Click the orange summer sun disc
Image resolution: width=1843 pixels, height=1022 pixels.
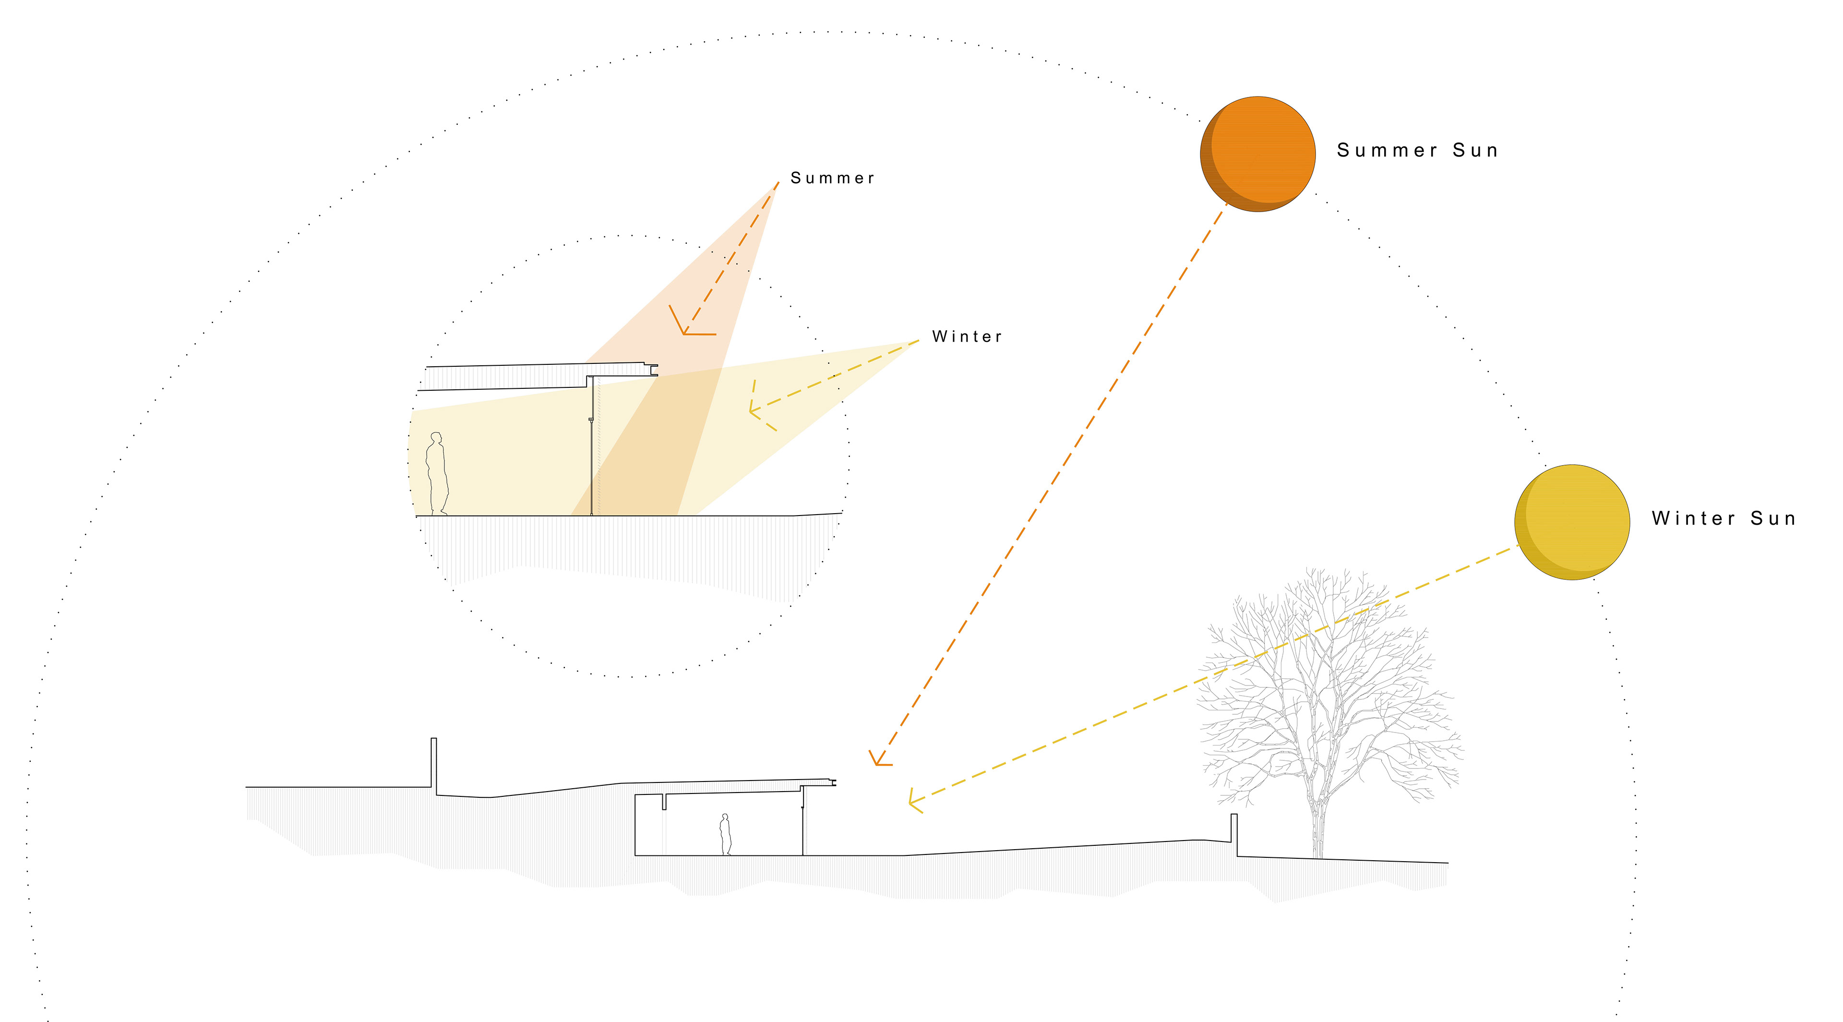point(1258,154)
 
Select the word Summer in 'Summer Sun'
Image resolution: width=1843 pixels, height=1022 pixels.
point(1387,150)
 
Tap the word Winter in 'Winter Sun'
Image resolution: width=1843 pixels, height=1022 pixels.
point(1693,518)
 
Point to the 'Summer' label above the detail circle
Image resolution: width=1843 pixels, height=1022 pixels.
point(832,178)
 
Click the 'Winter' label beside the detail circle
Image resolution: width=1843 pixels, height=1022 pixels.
point(967,337)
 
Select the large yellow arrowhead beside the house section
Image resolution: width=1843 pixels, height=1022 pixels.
point(914,802)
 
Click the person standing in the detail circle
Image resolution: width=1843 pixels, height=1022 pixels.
point(436,473)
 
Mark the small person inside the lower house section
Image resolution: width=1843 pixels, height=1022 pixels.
point(726,834)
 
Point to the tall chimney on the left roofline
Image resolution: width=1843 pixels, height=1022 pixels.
point(433,764)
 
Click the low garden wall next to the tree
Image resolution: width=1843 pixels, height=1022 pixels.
point(1233,834)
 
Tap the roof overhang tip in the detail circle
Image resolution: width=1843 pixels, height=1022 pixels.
point(653,370)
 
